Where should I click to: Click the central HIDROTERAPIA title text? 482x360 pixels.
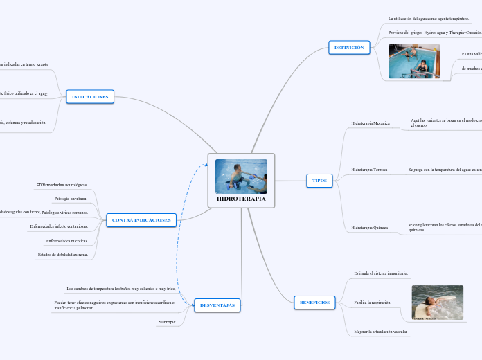pyautogui.click(x=241, y=199)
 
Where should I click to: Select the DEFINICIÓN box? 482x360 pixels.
pyautogui.click(x=349, y=48)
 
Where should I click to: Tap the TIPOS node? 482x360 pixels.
pyautogui.click(x=319, y=181)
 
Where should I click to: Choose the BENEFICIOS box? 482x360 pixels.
pyautogui.click(x=315, y=303)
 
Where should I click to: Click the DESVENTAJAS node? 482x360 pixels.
pyautogui.click(x=217, y=305)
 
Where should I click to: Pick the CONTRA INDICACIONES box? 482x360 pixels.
pyautogui.click(x=141, y=220)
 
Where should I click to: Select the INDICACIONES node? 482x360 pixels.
pyautogui.click(x=90, y=97)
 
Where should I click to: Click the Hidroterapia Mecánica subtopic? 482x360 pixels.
pyautogui.click(x=371, y=123)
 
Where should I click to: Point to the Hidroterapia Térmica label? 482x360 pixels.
pyautogui.click(x=369, y=170)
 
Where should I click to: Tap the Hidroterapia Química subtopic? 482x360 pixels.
pyautogui.click(x=370, y=227)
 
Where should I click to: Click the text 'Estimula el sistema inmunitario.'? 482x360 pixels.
pyautogui.click(x=381, y=274)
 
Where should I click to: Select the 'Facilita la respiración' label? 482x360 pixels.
pyautogui.click(x=373, y=303)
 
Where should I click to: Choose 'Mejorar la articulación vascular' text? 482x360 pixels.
pyautogui.click(x=381, y=332)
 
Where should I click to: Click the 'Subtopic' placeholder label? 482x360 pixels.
pyautogui.click(x=168, y=322)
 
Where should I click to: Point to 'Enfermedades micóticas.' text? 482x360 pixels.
pyautogui.click(x=67, y=241)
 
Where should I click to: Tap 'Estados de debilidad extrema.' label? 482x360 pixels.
pyautogui.click(x=63, y=255)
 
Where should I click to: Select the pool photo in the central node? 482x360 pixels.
pyautogui.click(x=241, y=177)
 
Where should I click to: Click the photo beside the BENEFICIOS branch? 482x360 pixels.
pyautogui.click(x=437, y=303)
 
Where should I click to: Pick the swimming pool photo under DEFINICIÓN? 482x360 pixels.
pyautogui.click(x=414, y=62)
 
